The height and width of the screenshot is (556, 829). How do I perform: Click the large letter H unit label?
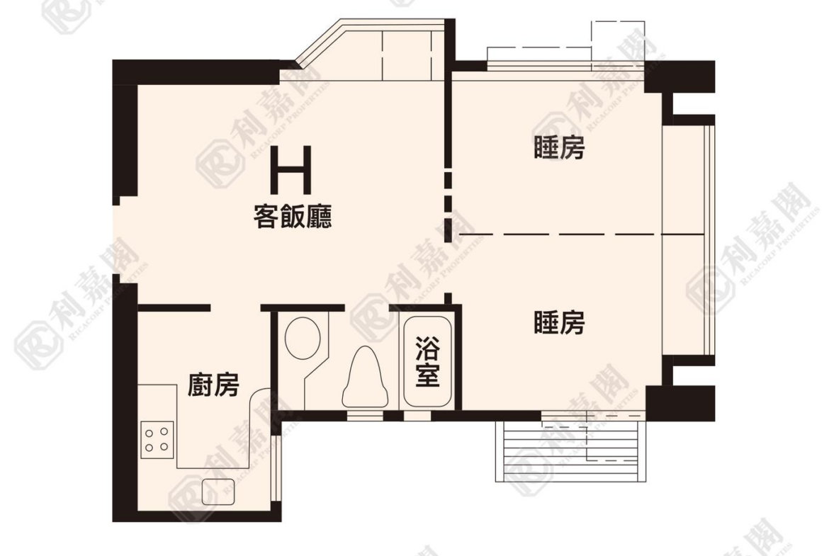[x=291, y=170]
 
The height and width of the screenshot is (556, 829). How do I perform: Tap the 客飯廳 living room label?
[x=293, y=217]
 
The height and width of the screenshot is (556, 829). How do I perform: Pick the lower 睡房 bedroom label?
[x=559, y=322]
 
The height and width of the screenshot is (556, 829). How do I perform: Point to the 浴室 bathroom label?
[x=427, y=361]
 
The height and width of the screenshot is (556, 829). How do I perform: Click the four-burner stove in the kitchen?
[x=157, y=440]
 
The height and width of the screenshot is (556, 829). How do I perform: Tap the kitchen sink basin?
[x=218, y=492]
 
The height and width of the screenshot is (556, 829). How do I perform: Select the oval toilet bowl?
[x=303, y=338]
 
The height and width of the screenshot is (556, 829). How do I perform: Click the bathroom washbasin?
[x=365, y=378]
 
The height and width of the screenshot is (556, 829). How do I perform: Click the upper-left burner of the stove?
[x=149, y=433]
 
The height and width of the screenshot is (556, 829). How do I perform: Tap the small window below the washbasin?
[x=365, y=416]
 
